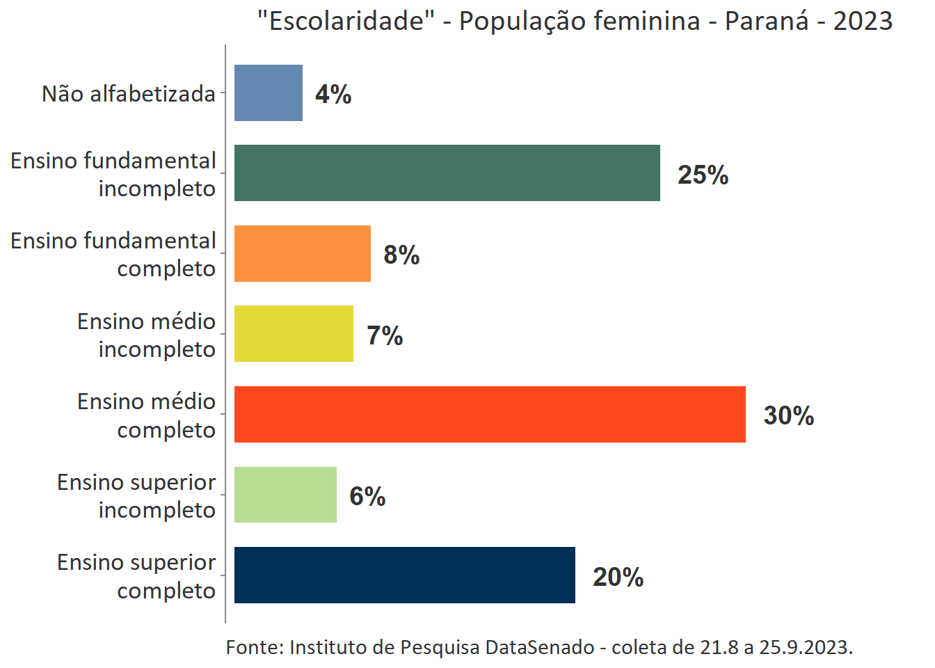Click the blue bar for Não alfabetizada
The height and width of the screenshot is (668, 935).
pos(268,93)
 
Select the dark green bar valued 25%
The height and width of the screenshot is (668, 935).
pos(447,173)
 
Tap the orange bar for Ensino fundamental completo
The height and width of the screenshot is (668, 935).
pos(302,253)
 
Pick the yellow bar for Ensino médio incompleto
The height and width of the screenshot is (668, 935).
pos(294,334)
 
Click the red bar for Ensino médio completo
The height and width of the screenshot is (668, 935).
pos(490,414)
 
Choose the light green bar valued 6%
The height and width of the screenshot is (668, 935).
pos(285,495)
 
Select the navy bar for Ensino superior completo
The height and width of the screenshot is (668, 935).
pos(404,575)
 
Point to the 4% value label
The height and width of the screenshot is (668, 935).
pos(333,94)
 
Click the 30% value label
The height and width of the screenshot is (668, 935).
pos(789,415)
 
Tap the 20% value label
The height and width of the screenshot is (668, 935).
pos(618,577)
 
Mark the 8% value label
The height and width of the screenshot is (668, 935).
pos(401,255)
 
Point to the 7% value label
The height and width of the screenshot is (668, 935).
pos(385,335)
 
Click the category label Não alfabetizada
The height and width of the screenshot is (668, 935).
pos(129,93)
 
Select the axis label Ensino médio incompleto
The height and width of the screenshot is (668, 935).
pos(146,335)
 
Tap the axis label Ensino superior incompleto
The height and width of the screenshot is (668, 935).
pos(136,495)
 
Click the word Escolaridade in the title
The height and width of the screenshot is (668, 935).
pos(345,21)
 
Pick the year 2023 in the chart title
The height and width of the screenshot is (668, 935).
pos(863,21)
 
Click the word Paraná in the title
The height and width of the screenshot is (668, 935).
pos(767,21)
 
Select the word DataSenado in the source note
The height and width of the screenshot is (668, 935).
pos(539,647)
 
